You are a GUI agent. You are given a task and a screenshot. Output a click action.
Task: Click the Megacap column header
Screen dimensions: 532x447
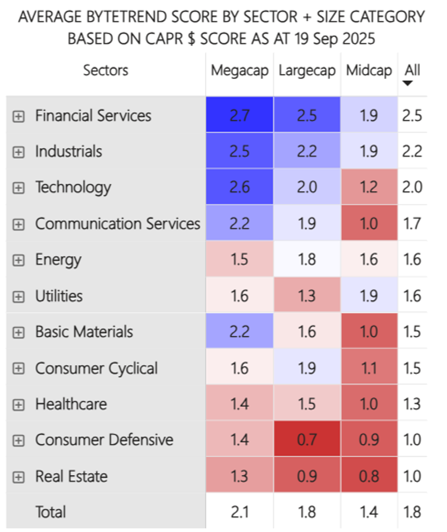(x=240, y=70)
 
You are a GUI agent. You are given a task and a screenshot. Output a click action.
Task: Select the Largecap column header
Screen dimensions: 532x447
(x=307, y=70)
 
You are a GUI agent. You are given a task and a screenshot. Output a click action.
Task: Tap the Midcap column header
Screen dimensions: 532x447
(x=369, y=70)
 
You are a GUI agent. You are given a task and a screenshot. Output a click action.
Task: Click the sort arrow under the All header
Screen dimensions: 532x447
(x=408, y=83)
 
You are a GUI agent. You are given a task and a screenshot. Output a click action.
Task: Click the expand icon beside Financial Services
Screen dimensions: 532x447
(x=18, y=117)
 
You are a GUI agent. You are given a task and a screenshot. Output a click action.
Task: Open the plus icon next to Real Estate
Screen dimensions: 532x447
(x=18, y=477)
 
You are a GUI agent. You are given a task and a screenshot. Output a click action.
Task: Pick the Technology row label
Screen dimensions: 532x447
(x=73, y=187)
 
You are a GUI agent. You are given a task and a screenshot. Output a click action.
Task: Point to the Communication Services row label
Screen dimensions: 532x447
(x=117, y=223)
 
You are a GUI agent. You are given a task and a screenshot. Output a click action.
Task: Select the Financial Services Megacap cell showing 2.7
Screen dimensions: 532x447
(x=240, y=115)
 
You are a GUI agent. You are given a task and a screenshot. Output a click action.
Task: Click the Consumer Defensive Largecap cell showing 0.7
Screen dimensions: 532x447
(x=307, y=439)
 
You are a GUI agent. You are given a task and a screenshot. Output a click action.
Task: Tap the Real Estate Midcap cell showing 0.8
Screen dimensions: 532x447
(x=369, y=476)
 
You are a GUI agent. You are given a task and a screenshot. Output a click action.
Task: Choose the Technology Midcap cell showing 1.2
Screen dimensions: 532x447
(x=369, y=187)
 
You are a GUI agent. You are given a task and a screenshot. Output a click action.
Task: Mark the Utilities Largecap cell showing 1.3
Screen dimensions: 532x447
(x=307, y=296)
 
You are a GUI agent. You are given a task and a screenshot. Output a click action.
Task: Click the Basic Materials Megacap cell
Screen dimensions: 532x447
(x=240, y=331)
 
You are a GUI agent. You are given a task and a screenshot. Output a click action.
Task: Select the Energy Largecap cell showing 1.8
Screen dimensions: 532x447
(x=307, y=259)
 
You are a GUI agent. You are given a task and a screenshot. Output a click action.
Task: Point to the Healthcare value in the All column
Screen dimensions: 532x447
(x=412, y=404)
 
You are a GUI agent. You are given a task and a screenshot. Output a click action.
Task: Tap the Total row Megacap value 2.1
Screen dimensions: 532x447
(x=240, y=512)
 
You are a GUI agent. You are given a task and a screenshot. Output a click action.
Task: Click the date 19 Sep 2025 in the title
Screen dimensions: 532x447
(x=335, y=39)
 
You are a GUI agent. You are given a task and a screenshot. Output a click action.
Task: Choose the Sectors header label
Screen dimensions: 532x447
(x=105, y=70)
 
